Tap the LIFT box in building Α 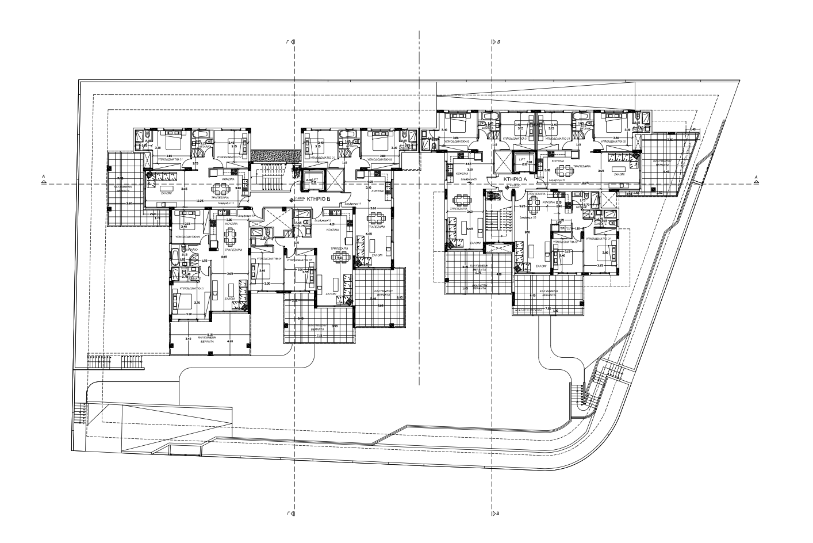522,161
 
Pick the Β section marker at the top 496,42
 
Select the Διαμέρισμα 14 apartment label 352,204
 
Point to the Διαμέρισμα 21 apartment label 469,179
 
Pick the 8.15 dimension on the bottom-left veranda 209,335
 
